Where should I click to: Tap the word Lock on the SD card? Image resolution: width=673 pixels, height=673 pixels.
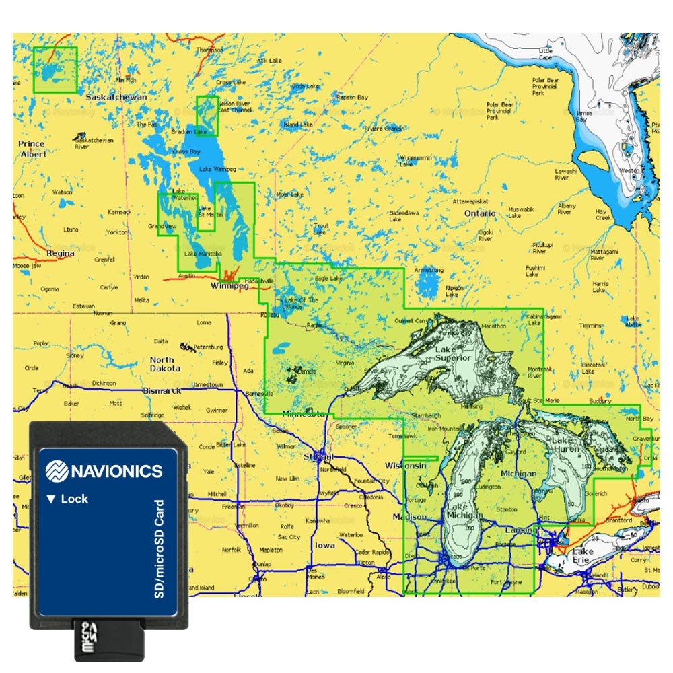click(x=74, y=499)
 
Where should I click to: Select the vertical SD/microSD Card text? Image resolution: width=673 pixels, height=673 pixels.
click(x=160, y=548)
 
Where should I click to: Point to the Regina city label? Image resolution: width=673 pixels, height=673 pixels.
click(x=61, y=254)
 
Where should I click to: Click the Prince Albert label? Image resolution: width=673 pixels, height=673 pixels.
click(x=32, y=149)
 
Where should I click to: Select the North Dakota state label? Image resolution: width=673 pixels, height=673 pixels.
click(x=165, y=364)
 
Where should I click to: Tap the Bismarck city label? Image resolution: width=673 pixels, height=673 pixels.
click(x=162, y=390)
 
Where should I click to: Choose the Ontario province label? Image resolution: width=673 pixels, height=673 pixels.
click(x=480, y=213)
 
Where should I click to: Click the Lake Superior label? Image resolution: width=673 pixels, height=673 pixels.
click(x=453, y=354)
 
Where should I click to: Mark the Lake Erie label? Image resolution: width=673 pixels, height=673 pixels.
click(x=582, y=555)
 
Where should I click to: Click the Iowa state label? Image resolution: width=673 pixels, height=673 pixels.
click(x=324, y=546)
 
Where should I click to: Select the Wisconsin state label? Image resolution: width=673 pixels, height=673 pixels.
click(x=406, y=466)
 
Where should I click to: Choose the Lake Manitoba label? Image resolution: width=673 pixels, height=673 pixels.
click(x=200, y=254)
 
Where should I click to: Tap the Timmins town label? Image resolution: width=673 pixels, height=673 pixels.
click(x=590, y=326)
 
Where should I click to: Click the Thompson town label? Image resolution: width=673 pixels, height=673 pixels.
click(x=209, y=50)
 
